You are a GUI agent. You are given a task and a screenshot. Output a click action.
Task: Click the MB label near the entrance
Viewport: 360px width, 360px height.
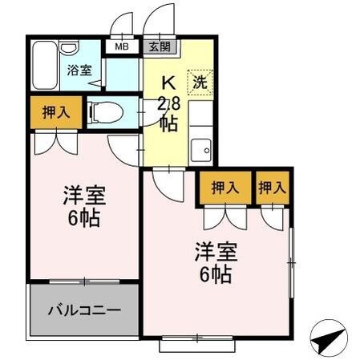click(x=121, y=46)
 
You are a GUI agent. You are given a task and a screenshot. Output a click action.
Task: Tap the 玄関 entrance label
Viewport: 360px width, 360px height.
click(x=158, y=46)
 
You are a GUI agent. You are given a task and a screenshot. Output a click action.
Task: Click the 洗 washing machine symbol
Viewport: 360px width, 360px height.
click(x=200, y=80)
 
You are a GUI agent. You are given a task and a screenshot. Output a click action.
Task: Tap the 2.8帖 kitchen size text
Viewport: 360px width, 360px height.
click(x=168, y=113)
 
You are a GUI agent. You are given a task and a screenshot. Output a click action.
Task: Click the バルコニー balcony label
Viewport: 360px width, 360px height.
click(x=83, y=309)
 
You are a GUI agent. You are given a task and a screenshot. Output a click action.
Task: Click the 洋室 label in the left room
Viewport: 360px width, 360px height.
click(x=84, y=196)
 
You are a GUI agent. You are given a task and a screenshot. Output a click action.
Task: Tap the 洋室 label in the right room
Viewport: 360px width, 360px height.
click(x=216, y=250)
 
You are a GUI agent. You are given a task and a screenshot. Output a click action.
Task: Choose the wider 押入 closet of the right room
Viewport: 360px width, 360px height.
click(x=225, y=188)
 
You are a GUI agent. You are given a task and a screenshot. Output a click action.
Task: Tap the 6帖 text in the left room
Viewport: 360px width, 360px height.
click(x=84, y=218)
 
